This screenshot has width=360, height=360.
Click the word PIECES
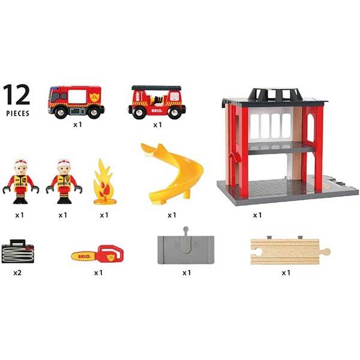[x=18, y=113]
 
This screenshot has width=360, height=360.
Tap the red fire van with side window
[x=76, y=100]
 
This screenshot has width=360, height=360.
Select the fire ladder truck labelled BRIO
[x=156, y=102]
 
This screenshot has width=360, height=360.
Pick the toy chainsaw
[x=97, y=254]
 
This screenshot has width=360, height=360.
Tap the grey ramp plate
[x=186, y=248]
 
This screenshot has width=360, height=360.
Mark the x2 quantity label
[x=17, y=272]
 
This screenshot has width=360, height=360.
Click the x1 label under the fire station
[x=257, y=214]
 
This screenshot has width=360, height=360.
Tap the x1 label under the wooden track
[x=286, y=272]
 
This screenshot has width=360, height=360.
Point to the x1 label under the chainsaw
[x=99, y=272]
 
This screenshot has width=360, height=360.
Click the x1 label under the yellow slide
[x=172, y=214]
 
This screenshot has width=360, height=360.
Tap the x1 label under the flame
[x=104, y=214]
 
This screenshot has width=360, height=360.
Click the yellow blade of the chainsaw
[x=83, y=256]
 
